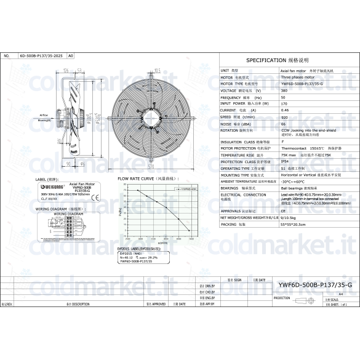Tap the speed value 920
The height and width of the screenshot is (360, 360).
pos(284,116)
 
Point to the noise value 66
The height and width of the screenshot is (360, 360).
pos(283,123)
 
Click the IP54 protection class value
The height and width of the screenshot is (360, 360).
pos(285,161)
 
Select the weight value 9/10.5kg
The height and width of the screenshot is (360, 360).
pos(288,217)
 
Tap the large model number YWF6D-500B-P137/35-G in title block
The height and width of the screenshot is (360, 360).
pos(315,285)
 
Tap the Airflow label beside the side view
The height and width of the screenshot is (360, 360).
pos(44,115)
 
